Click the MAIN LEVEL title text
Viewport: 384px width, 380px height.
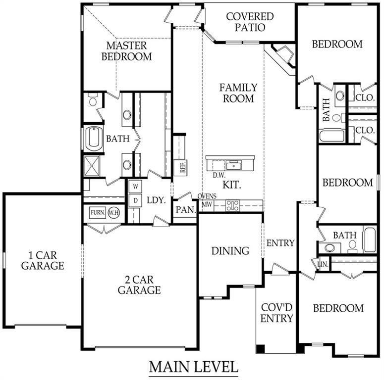(x=194, y=367)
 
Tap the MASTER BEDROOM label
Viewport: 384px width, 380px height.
(x=126, y=51)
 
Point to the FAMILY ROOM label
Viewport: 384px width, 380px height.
(x=238, y=93)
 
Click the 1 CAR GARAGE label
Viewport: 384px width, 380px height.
(x=42, y=261)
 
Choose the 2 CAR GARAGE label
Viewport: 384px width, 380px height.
(x=139, y=285)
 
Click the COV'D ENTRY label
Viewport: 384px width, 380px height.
(x=277, y=312)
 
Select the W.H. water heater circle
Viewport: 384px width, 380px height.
(x=114, y=213)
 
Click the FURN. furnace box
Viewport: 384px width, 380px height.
(x=97, y=213)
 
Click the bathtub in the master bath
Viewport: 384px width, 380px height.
(x=93, y=139)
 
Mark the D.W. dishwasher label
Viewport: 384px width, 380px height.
(x=220, y=175)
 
